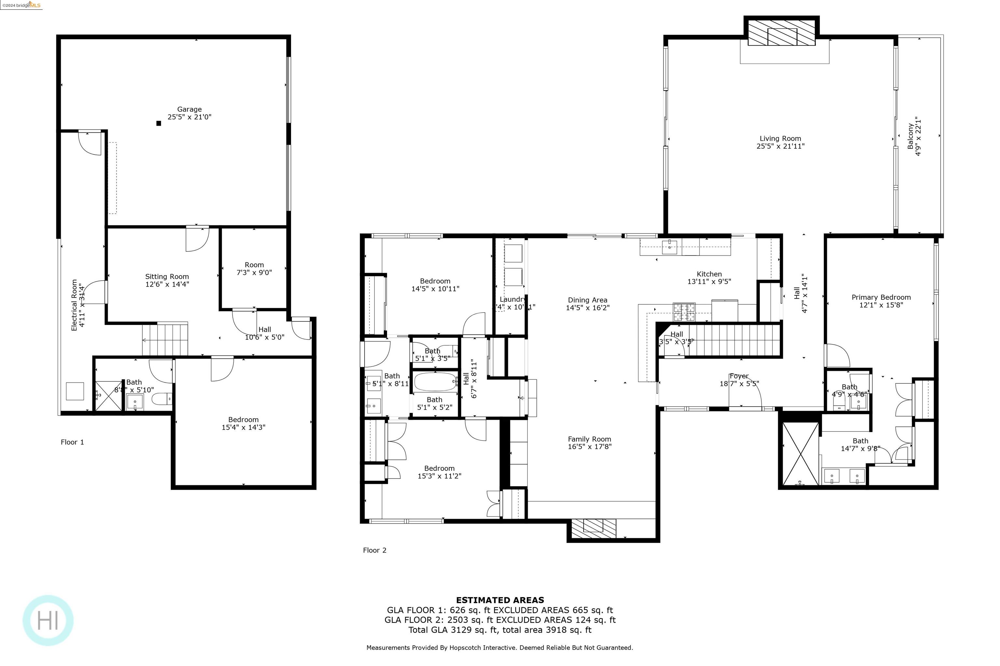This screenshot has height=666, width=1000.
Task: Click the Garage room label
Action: tap(189, 109)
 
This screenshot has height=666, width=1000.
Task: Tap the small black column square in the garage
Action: tap(159, 123)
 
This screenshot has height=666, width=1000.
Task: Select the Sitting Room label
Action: tap(167, 276)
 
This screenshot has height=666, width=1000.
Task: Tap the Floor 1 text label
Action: tap(72, 442)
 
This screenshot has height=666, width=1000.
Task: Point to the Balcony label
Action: tap(910, 136)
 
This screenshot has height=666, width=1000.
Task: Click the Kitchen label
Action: tap(709, 274)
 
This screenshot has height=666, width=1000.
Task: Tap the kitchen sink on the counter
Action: tap(669, 247)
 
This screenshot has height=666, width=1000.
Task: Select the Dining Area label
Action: tap(587, 300)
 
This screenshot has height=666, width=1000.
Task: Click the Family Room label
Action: tap(589, 439)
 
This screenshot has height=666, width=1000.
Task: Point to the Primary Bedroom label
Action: tap(881, 297)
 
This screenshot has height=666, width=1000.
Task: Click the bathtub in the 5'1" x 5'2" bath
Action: tap(435, 382)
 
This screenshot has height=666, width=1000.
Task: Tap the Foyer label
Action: tap(739, 376)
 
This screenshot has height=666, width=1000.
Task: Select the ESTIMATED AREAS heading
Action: tap(500, 600)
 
